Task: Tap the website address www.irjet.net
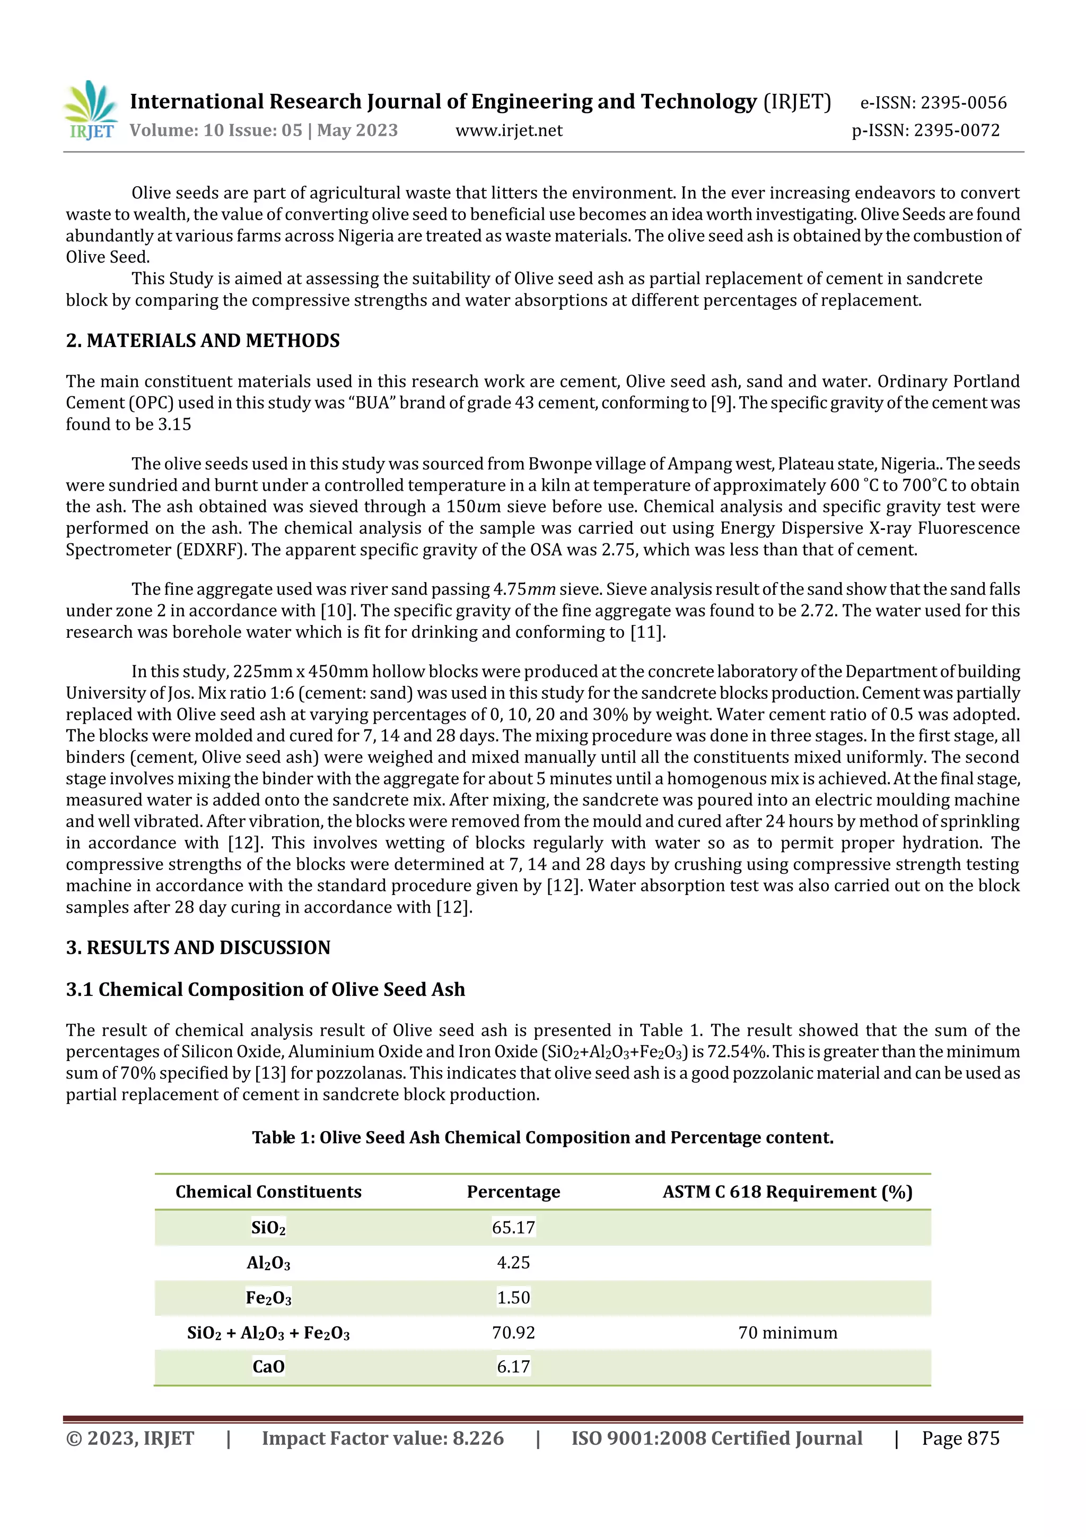[509, 131]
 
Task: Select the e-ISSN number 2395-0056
[963, 102]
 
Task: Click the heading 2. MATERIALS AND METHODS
[203, 341]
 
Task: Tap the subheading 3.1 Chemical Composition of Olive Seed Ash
[265, 989]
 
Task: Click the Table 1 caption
[542, 1137]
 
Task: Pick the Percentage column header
[513, 1192]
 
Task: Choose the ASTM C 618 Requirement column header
[787, 1192]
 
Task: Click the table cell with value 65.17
[513, 1227]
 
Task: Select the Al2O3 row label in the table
[268, 1263]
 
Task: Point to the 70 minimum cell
[787, 1333]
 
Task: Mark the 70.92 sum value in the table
[513, 1333]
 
